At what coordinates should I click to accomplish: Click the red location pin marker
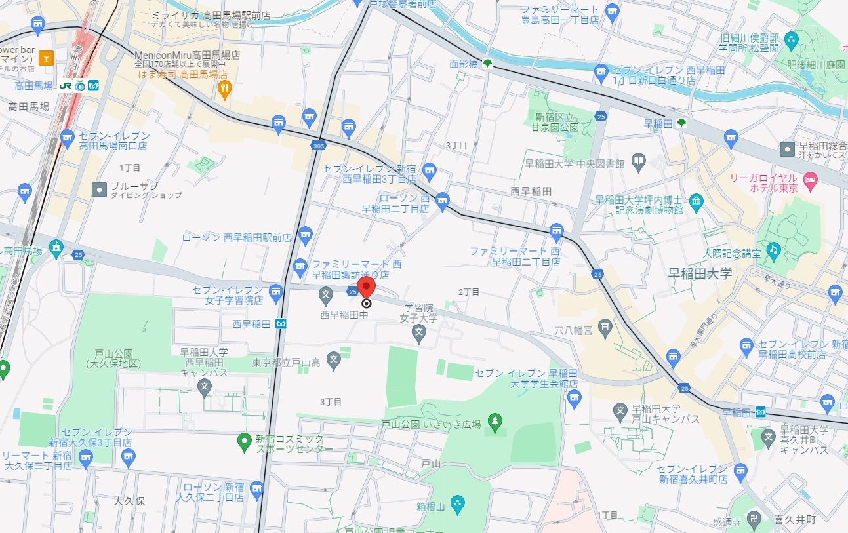pos(366,287)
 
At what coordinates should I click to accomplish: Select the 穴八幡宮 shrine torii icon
pos(606,325)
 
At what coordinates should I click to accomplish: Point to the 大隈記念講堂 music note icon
pos(774,250)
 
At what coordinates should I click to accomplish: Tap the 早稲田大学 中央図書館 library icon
pos(638,160)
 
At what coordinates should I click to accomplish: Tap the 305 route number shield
pos(319,146)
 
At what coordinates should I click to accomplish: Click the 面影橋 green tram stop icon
pos(487,64)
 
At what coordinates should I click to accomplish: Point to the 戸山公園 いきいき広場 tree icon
pos(495,420)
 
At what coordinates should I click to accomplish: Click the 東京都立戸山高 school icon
pos(334,359)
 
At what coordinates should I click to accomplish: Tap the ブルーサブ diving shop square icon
pos(99,189)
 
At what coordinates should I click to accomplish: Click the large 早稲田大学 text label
pos(699,273)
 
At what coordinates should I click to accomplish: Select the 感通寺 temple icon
pos(754,517)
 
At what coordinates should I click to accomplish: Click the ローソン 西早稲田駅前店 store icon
pos(304,234)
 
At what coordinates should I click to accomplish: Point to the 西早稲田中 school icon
pos(326,296)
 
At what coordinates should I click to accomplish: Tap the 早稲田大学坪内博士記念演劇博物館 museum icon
pos(696,200)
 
